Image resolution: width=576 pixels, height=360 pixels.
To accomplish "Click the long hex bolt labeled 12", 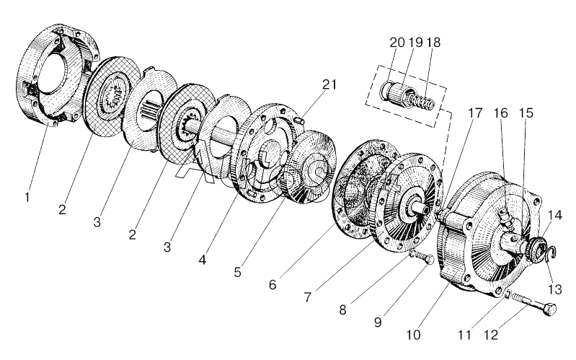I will [x=534, y=315].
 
